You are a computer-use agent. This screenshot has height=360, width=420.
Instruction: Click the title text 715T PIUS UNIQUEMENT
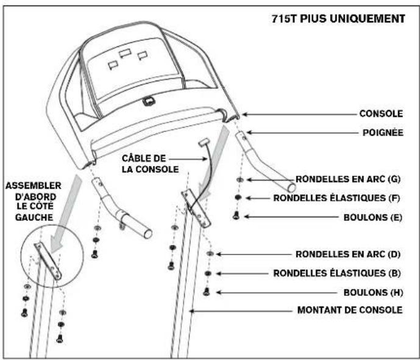coord(337,18)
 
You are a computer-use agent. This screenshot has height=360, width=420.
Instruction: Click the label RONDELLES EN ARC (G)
coord(347,179)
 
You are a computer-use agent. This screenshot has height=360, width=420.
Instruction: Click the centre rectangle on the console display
coord(126,55)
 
